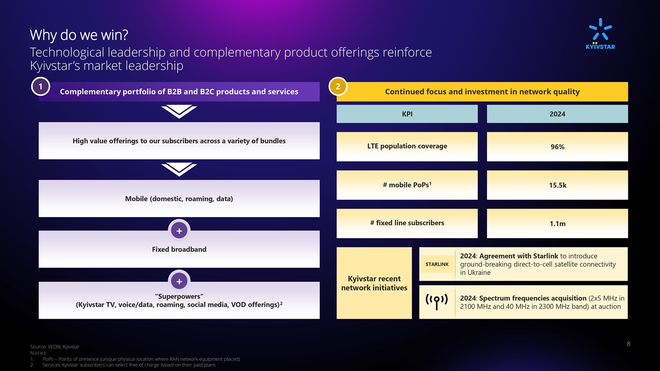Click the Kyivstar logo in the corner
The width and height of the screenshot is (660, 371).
(x=600, y=34)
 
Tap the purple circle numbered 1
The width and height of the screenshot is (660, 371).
(x=40, y=86)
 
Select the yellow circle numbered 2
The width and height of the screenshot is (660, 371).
(x=338, y=86)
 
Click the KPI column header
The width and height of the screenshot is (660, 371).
(x=407, y=114)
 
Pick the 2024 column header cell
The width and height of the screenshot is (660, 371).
(x=557, y=114)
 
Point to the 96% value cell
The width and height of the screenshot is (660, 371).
(x=557, y=147)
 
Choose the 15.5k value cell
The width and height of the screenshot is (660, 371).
(x=557, y=185)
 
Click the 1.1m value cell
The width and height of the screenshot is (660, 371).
(x=557, y=224)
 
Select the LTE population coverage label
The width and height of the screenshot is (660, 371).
(x=407, y=146)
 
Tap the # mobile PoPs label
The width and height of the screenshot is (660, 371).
(x=407, y=185)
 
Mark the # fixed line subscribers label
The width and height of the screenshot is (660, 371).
(x=407, y=223)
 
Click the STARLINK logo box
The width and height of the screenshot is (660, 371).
(x=437, y=264)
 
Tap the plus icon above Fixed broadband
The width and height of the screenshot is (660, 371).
(x=179, y=231)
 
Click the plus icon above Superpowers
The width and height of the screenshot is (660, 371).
(x=179, y=281)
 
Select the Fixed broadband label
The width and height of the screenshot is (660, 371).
(x=179, y=249)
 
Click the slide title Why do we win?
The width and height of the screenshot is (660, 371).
(x=79, y=35)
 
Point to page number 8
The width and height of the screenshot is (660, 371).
(x=628, y=344)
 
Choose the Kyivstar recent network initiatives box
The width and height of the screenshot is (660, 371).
(x=374, y=283)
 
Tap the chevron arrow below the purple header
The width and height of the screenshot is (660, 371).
(x=179, y=112)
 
